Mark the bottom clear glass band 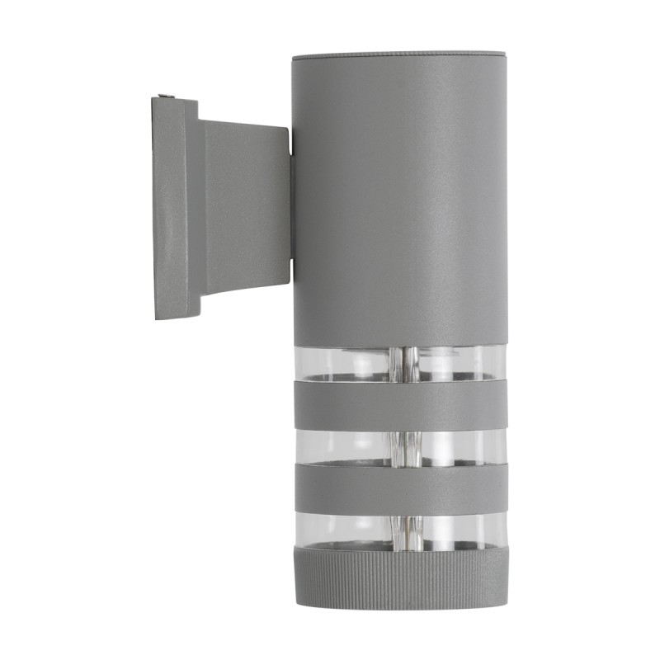coord(346,529)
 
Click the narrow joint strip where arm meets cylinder coord(291,206)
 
